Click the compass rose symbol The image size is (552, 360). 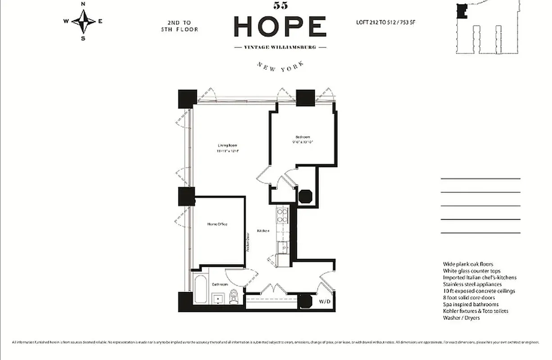tap(83, 21)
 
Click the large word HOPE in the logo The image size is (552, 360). tap(280, 27)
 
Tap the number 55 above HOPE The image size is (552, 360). tap(280, 6)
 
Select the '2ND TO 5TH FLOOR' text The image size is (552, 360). tap(179, 26)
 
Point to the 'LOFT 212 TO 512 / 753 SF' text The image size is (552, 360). tap(388, 22)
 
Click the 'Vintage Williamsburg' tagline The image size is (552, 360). tap(280, 47)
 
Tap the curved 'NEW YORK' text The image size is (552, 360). tap(280, 66)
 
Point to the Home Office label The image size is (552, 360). tap(217, 224)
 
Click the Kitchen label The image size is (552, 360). tap(263, 231)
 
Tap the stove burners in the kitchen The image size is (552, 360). tap(282, 215)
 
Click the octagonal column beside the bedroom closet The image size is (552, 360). tap(305, 197)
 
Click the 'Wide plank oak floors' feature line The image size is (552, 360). tap(468, 265)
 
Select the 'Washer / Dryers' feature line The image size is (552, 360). tap(461, 318)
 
